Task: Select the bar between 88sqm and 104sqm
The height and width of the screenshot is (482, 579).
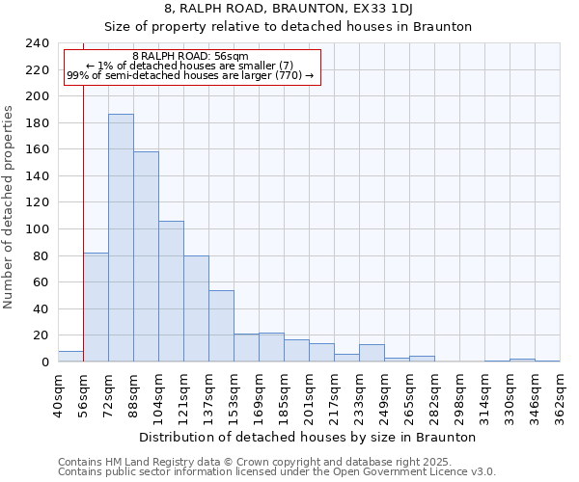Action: click(x=146, y=256)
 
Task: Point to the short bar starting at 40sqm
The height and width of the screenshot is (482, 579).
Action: click(x=70, y=357)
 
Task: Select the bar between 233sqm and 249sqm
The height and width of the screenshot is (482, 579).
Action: click(x=372, y=353)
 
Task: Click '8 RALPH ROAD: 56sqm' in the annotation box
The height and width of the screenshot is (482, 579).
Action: click(x=190, y=57)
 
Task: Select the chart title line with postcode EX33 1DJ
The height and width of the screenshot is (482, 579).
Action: click(x=289, y=9)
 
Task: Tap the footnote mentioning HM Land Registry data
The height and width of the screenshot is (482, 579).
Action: click(x=241, y=462)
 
